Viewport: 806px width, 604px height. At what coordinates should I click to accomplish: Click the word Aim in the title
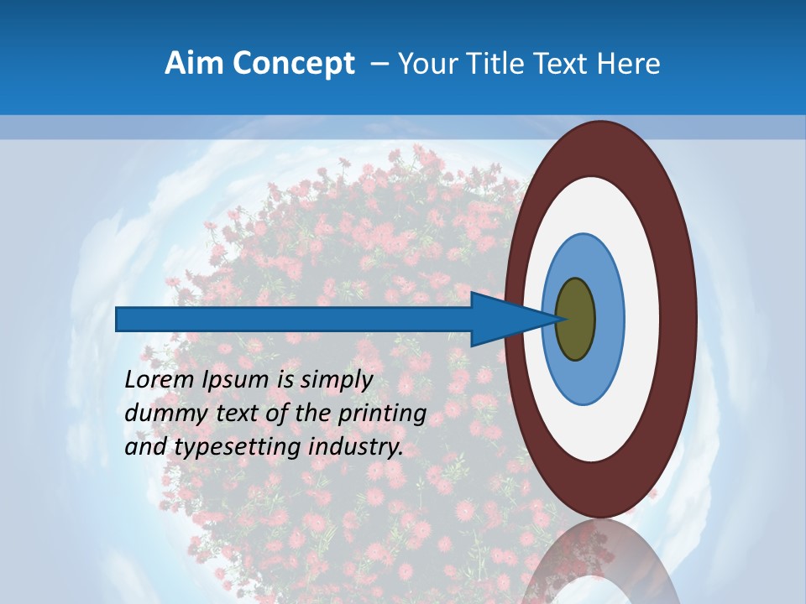pyautogui.click(x=192, y=64)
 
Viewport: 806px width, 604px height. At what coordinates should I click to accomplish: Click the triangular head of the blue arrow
pyautogui.click(x=504, y=320)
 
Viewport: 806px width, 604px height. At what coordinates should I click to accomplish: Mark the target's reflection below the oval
pyautogui.click(x=601, y=562)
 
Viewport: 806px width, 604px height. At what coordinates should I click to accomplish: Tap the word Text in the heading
pyautogui.click(x=565, y=64)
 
